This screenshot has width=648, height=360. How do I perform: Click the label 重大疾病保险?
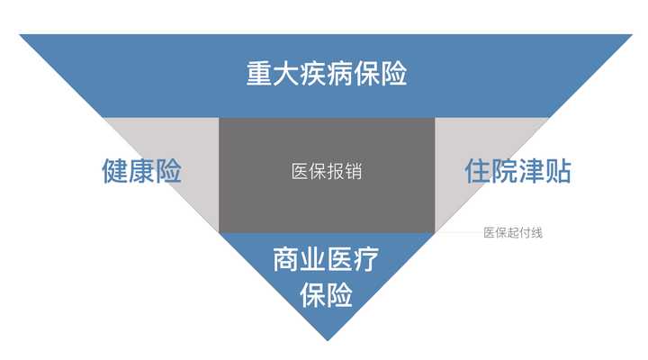tap(327, 74)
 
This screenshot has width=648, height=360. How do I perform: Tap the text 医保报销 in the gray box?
tap(327, 172)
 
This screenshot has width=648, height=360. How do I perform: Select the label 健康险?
tap(142, 171)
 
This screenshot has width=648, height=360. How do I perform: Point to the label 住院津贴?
tap(517, 171)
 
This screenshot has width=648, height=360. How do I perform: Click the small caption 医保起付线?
tap(513, 233)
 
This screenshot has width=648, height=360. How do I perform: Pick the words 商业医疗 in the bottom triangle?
tap(326, 259)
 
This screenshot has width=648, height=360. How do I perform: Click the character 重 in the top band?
tap(259, 74)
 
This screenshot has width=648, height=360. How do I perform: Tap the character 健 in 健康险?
tap(115, 171)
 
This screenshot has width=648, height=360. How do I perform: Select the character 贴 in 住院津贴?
tap(558, 171)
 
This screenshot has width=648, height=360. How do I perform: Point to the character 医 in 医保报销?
tap(300, 172)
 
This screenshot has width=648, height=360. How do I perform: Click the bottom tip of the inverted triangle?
tap(328, 340)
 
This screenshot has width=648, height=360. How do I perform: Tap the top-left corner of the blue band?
tap(20, 35)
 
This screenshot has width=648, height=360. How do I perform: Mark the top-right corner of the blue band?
tap(633, 35)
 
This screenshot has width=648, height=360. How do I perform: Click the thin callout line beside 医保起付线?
tap(459, 232)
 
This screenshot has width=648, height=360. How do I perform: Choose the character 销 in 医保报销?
tap(354, 172)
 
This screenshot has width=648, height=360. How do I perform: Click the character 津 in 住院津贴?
tap(532, 171)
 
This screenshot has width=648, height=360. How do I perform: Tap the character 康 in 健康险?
tap(142, 171)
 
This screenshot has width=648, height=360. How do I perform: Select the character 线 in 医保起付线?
tap(536, 233)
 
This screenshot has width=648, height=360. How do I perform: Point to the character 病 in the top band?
tap(339, 74)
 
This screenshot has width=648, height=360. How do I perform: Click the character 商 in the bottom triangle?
tap(286, 259)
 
